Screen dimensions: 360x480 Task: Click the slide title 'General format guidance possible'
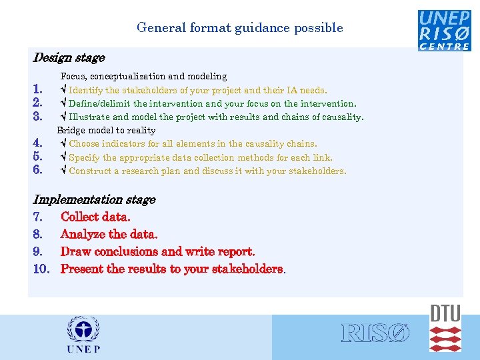tap(239, 28)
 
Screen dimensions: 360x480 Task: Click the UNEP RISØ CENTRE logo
tap(444, 30)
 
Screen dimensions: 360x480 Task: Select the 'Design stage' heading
tap(69, 58)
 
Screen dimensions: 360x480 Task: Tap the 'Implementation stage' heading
tap(94, 199)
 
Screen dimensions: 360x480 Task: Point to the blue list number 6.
tap(38, 171)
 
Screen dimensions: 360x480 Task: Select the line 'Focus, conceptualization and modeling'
tap(143, 77)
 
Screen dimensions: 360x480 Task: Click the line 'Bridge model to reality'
tap(106, 130)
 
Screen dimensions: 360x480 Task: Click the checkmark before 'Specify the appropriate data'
tap(63, 157)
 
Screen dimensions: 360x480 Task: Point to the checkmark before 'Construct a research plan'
tap(63, 171)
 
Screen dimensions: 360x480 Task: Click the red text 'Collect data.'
tap(95, 217)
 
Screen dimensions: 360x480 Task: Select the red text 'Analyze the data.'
tap(109, 234)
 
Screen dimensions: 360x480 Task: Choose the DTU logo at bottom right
tap(445, 328)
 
